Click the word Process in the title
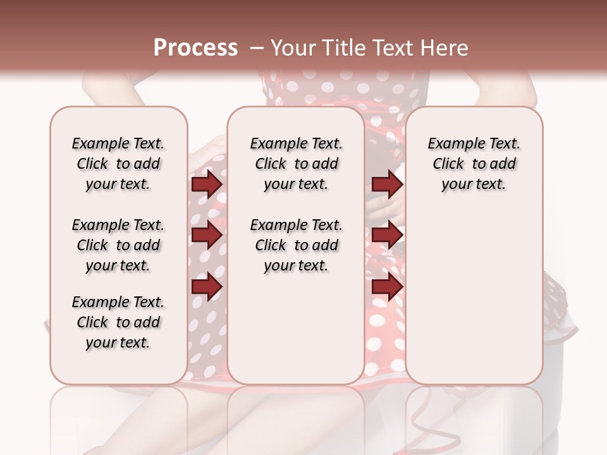coord(195,48)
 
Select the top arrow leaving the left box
coord(207,184)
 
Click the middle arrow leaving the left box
coord(207,235)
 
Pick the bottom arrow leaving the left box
coord(207,286)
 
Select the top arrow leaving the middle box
coord(387,184)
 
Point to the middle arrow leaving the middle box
coord(387,235)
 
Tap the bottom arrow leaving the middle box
coord(387,286)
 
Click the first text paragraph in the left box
coord(118,164)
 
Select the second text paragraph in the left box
coord(118,245)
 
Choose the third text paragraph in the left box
coord(118,322)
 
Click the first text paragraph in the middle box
coord(296,164)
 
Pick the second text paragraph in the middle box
coord(296,245)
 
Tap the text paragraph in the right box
coord(474,164)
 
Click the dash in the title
coord(257,48)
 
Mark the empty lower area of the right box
coord(474,297)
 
